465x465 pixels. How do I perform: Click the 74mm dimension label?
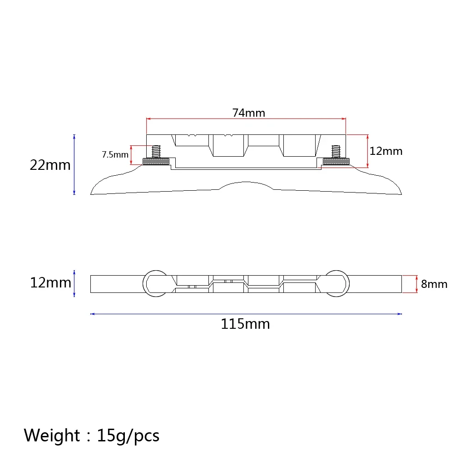248,113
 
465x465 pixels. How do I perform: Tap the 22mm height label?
50,165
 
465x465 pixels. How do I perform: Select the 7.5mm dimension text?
115,154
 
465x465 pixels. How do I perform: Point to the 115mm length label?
246,324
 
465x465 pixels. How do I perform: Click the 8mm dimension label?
434,284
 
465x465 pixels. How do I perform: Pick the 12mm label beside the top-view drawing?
51,282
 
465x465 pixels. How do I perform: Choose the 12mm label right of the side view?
386,151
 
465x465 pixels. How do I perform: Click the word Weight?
52,435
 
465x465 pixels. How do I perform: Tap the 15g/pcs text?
128,436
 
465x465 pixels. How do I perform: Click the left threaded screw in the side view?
156,152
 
